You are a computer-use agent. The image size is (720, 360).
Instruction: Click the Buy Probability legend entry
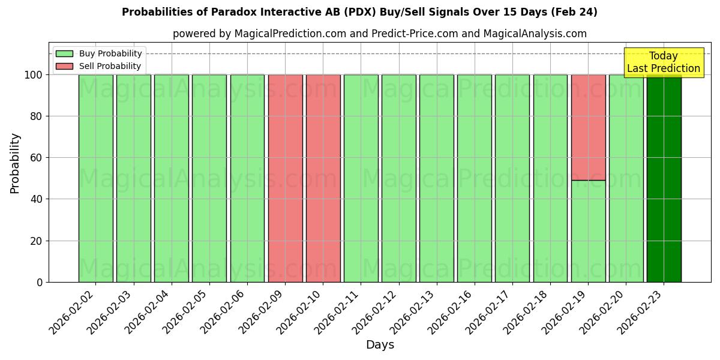coord(99,53)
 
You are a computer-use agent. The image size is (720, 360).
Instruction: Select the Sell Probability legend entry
coord(99,66)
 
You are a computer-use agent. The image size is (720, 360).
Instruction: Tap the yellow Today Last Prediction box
coord(664,62)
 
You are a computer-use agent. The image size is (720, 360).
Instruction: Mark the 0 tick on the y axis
coord(40,282)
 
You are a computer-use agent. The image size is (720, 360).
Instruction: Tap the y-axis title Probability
coord(15,163)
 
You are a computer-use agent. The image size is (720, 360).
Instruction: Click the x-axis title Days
coord(380,345)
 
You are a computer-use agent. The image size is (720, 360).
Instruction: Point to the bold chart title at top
coord(359,12)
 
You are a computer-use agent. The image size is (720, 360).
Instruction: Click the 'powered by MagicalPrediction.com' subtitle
coord(379,34)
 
